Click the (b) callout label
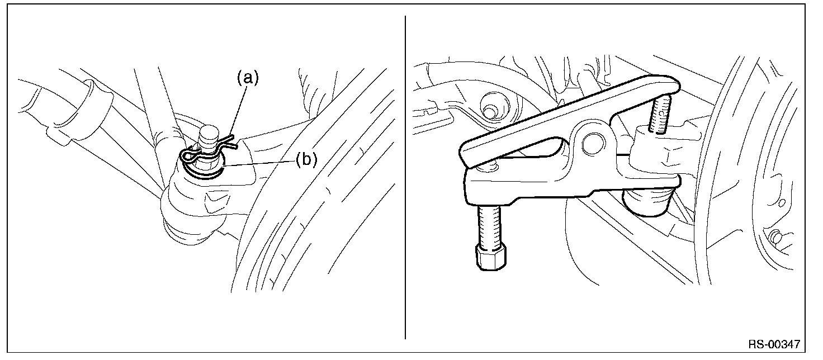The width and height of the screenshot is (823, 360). point(306,160)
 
